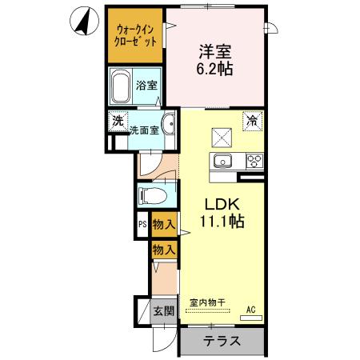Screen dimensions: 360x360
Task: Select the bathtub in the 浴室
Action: pyautogui.click(x=122, y=85)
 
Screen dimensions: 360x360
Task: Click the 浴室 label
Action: pyautogui.click(x=146, y=86)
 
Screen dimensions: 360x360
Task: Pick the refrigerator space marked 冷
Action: pyautogui.click(x=251, y=122)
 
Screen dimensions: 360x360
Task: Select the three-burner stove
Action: pyautogui.click(x=254, y=162)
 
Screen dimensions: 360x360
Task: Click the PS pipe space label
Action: pyautogui.click(x=142, y=225)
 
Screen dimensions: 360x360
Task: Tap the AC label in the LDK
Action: pyautogui.click(x=250, y=308)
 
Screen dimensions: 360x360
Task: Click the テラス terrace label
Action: pyautogui.click(x=221, y=340)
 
